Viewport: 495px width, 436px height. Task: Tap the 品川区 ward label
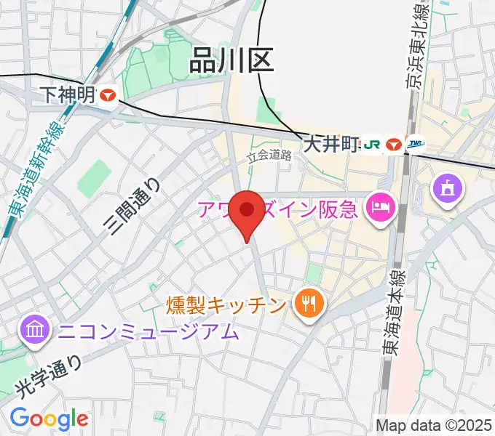click(231, 61)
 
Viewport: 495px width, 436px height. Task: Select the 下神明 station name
click(69, 94)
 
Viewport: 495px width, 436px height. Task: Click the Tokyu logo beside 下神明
click(110, 94)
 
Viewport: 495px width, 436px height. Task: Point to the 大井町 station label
click(332, 144)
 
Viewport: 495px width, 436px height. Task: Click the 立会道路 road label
click(269, 156)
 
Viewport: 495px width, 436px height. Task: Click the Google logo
click(49, 419)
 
